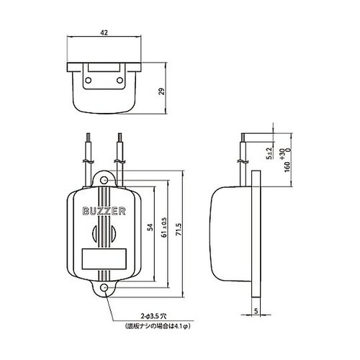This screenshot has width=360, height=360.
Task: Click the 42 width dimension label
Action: (x=104, y=32)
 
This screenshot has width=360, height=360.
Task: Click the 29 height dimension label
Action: (x=163, y=91)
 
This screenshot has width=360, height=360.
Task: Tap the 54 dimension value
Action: (x=150, y=227)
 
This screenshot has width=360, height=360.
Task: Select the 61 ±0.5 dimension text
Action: (x=164, y=228)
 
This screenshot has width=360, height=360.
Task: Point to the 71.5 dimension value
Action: (x=179, y=229)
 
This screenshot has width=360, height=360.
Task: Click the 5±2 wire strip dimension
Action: (x=270, y=153)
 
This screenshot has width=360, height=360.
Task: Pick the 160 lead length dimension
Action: (x=287, y=166)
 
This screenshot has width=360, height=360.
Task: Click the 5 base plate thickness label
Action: (x=256, y=311)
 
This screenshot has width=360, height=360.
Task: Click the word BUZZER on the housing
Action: (x=104, y=211)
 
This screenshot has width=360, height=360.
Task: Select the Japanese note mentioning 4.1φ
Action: (x=158, y=326)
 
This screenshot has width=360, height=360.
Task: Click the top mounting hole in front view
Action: (x=104, y=180)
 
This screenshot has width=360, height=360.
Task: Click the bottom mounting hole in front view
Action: (x=104, y=288)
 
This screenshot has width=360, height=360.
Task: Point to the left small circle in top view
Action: (x=89, y=80)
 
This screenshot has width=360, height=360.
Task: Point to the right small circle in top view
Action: (x=120, y=80)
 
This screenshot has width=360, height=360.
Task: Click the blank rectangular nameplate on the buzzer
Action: (x=104, y=259)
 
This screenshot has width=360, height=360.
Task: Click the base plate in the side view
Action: (x=256, y=234)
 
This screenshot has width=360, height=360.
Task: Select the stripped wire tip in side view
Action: (x=243, y=138)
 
